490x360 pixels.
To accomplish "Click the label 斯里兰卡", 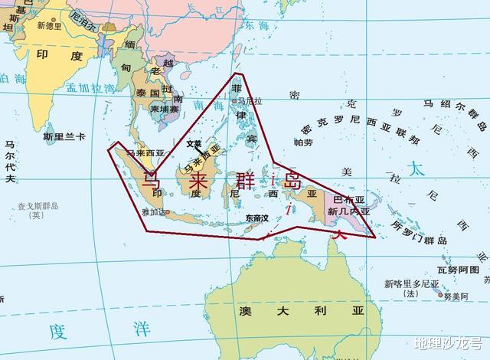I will click(64, 136).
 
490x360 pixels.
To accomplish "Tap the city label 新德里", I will click(49, 25).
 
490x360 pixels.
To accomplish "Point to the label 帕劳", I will click(303, 142).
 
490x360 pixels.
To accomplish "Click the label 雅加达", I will click(154, 212).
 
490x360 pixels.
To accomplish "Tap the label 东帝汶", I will click(257, 218).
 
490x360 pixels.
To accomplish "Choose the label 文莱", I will click(194, 143).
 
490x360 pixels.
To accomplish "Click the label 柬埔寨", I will click(164, 110).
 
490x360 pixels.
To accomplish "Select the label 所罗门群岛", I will click(419, 233).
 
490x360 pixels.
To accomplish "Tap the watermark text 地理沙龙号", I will click(447, 344).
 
